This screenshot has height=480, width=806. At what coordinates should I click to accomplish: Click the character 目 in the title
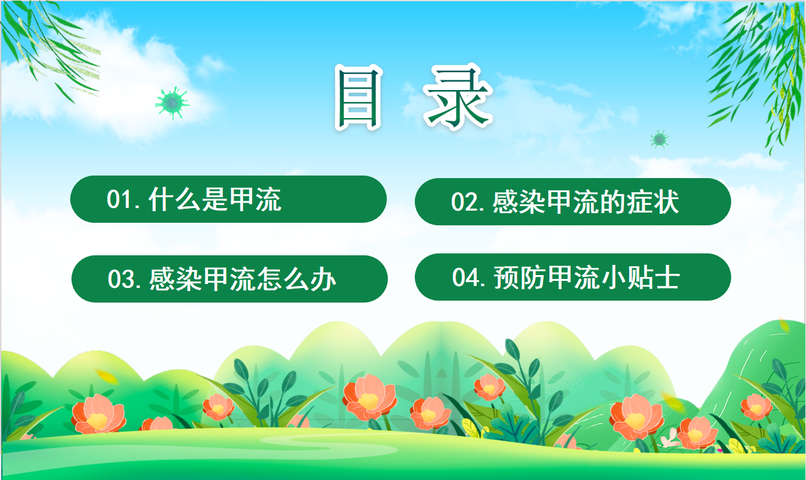(358, 98)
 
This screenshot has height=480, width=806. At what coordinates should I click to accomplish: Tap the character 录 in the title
(458, 97)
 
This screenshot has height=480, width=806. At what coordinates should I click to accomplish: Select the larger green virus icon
(172, 103)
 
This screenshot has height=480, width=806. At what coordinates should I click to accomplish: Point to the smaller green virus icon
(659, 139)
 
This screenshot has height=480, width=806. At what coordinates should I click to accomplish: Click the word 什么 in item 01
(174, 199)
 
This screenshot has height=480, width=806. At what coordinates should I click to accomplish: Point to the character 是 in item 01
(214, 199)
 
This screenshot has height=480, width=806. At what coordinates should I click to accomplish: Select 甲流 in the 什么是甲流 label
(255, 199)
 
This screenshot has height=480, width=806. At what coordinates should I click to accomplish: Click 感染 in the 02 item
(518, 202)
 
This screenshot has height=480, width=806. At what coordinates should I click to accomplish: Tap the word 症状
(653, 202)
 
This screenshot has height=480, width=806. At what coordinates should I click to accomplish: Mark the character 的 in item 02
(613, 202)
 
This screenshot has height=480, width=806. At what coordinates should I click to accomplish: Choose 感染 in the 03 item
(175, 279)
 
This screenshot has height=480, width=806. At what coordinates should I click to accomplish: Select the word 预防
(520, 277)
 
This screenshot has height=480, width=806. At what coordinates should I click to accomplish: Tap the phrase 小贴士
(641, 277)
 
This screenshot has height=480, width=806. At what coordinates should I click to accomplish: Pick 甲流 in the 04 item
(574, 277)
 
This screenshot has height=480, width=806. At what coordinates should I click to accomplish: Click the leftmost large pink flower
(98, 414)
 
